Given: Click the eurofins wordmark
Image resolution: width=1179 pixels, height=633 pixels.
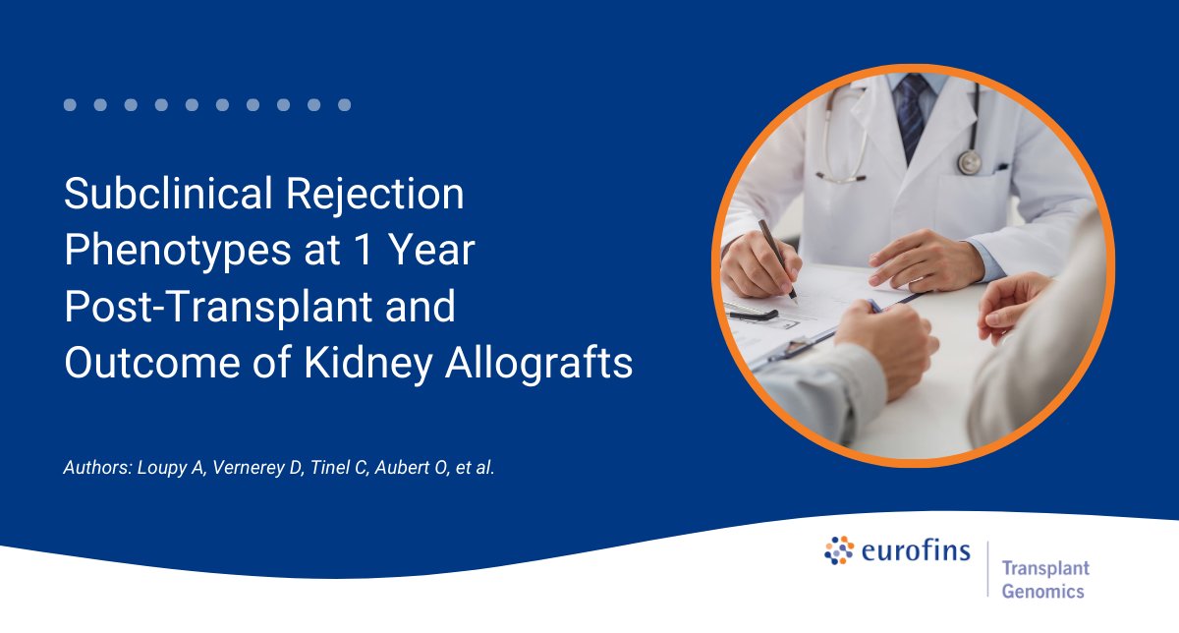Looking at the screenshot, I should click(916, 551).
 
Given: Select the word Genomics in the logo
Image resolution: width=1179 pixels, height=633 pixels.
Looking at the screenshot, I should click(1042, 592).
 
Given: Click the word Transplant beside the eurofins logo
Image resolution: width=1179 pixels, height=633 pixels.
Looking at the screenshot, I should click(1045, 569).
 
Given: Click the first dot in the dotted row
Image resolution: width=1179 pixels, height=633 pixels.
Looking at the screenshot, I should click(70, 105).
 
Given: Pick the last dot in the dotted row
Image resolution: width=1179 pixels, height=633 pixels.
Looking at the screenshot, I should click(344, 105).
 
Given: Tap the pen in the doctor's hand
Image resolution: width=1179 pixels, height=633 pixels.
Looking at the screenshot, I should click(777, 259).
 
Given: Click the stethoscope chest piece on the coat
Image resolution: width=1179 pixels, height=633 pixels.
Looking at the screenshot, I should click(970, 162).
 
